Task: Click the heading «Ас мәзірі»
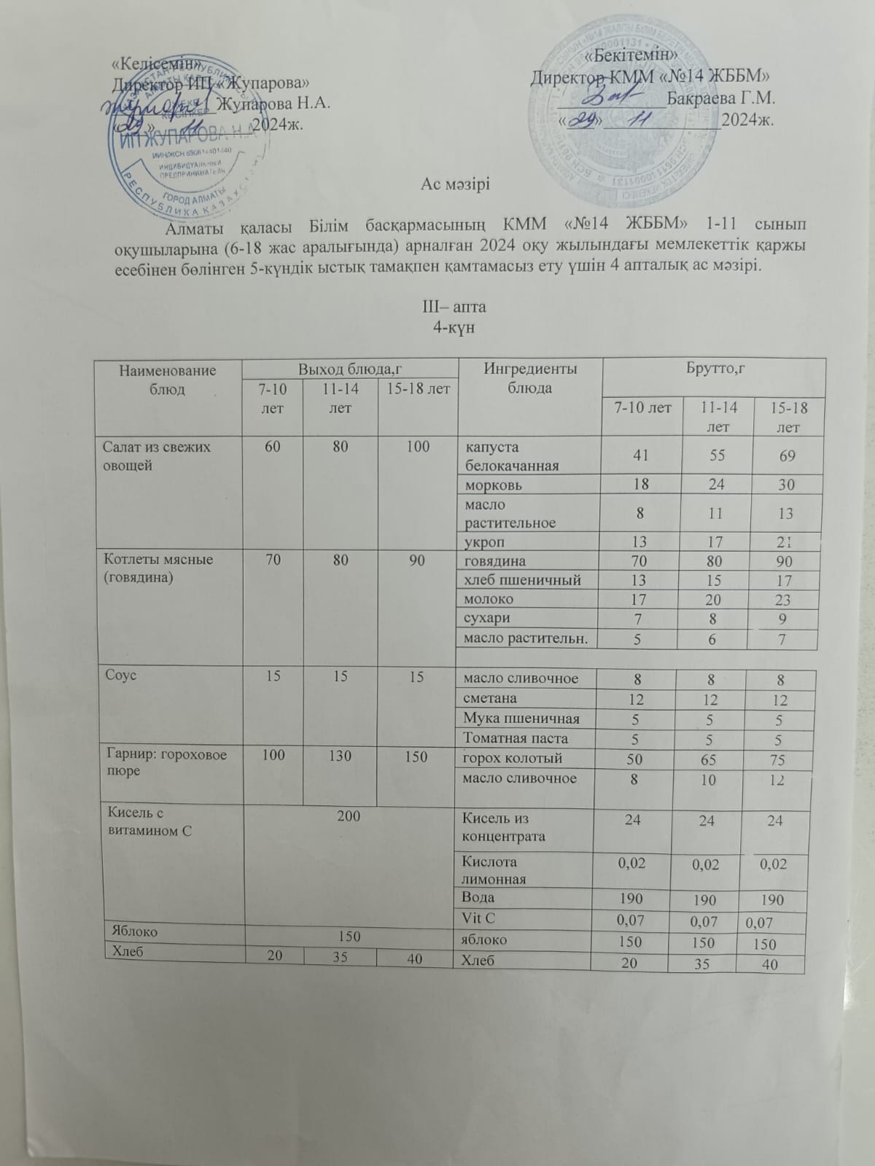tap(455, 184)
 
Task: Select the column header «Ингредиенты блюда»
tap(530, 378)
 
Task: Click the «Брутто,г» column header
tap(714, 369)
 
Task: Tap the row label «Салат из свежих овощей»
tap(157, 455)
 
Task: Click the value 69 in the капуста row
tap(787, 456)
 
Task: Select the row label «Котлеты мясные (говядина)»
tap(160, 569)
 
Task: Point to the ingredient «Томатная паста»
tap(516, 738)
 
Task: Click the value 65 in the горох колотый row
tap(707, 759)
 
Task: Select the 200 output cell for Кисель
tap(349, 816)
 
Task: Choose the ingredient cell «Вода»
tap(478, 897)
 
